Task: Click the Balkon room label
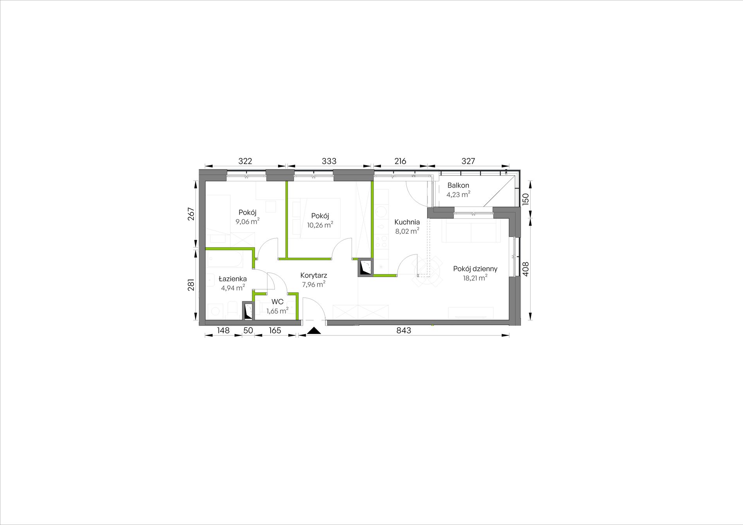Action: (x=458, y=185)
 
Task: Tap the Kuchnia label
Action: (x=407, y=222)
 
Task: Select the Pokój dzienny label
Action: (x=475, y=269)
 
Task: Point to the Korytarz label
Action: (x=314, y=276)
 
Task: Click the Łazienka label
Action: (x=233, y=279)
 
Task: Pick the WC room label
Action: (x=277, y=302)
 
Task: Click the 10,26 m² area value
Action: (x=320, y=225)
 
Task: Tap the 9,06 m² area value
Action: (x=247, y=222)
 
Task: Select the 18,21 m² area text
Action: (x=475, y=278)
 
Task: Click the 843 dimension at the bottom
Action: (x=404, y=330)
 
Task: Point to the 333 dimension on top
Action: (x=329, y=161)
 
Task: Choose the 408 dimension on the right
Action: (x=526, y=269)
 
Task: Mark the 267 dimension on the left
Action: (x=191, y=214)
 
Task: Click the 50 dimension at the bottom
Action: (x=248, y=330)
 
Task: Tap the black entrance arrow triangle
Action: (x=314, y=331)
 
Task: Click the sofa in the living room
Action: (x=471, y=231)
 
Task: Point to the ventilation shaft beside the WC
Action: (x=248, y=311)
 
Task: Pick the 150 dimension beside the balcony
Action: (x=526, y=199)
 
